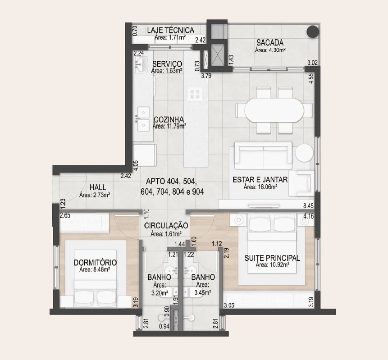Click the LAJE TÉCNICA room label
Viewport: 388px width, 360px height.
170,30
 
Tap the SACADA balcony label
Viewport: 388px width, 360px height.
270,42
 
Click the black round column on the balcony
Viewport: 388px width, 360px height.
313,32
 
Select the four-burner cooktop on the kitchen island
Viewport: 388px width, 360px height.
194,94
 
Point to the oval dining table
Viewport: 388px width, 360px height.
274,110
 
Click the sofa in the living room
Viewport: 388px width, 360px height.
263,152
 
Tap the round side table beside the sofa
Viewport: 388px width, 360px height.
304,153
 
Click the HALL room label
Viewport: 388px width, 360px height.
98,187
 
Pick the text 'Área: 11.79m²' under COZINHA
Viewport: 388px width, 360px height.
169,126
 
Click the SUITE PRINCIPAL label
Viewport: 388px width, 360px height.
272,258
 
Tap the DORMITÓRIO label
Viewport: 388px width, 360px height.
95,263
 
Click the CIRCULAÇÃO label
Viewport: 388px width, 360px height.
166,225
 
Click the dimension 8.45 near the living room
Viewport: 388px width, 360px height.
308,205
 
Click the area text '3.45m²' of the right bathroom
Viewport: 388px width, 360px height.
202,293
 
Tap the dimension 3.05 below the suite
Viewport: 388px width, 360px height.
229,305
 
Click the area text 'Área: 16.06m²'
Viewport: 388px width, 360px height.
260,187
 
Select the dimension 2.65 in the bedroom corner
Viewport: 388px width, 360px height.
65,215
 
